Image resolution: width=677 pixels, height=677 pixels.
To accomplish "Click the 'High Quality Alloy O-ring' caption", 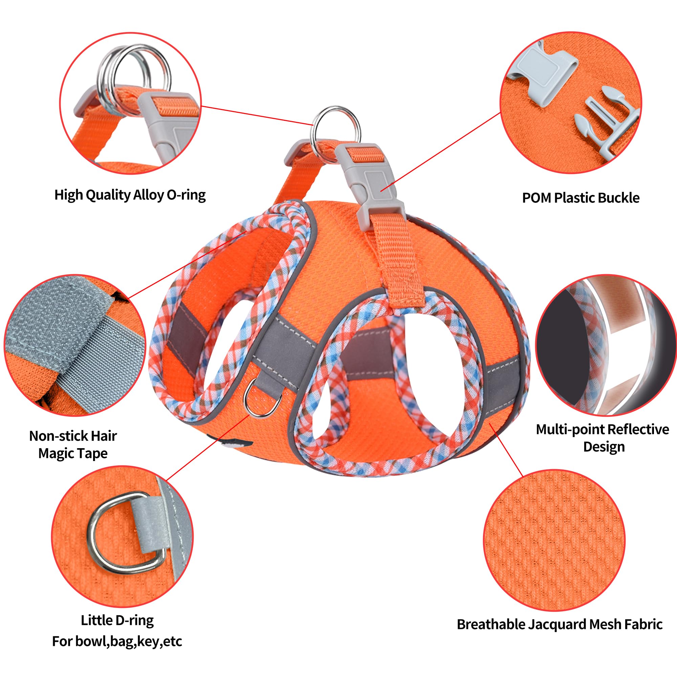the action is pos(130,195).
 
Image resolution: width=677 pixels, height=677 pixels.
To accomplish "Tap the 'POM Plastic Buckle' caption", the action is pos(581,198).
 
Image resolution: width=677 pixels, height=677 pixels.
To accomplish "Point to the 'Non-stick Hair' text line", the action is pos(73,436).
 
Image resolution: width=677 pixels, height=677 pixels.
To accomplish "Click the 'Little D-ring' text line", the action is pos(117,600).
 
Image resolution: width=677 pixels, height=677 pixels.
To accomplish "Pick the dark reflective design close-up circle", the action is pos(606,345).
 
